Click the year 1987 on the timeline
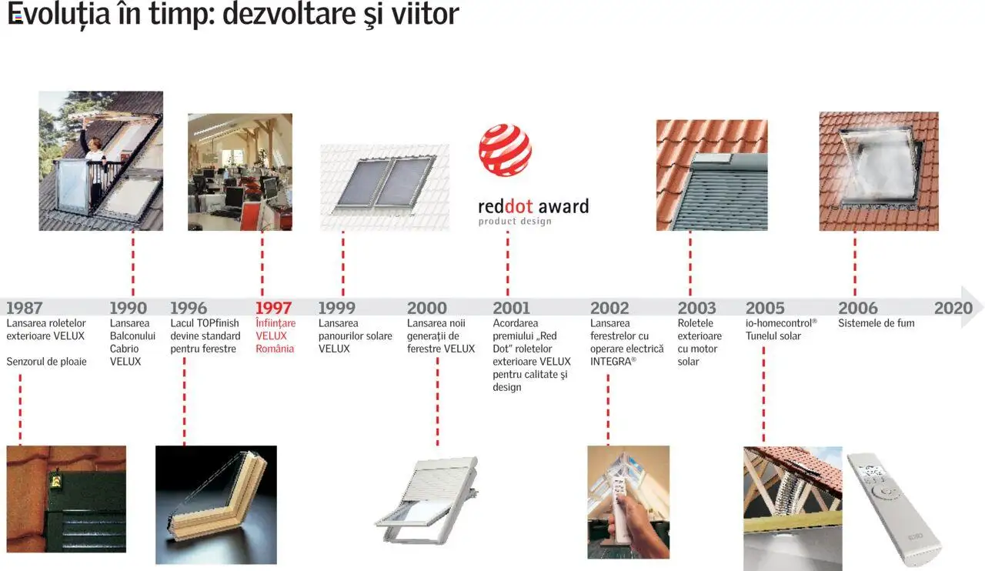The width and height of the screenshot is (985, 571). point(25,309)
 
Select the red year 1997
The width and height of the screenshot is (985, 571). point(274,309)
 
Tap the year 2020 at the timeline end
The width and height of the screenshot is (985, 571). point(953,309)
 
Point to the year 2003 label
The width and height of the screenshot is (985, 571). point(696,309)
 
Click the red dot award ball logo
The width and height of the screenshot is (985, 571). point(505,150)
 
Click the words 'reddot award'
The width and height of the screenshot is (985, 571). point(533,206)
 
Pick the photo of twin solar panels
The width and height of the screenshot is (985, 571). point(385,187)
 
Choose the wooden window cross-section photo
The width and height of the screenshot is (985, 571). point(215,504)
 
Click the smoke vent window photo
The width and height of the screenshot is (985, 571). point(878,171)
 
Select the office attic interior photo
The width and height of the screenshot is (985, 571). point(239,172)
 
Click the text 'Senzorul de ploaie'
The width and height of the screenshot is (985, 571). point(46,362)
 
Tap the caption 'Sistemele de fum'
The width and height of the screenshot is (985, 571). point(876,323)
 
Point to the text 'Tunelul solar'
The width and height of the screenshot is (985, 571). point(773,336)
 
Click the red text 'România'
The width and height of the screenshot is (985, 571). point(275,349)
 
